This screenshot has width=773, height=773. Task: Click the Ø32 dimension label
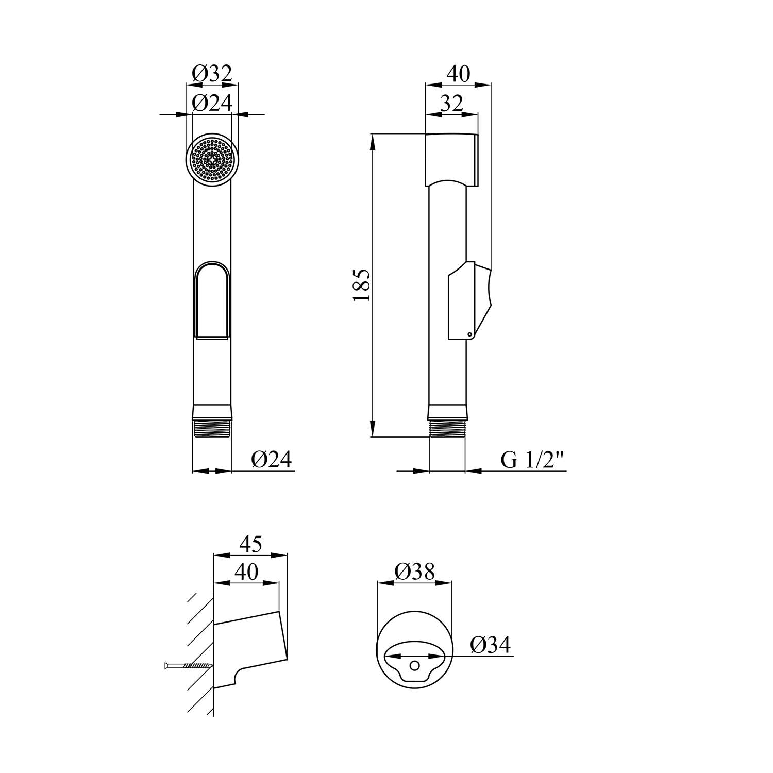212,74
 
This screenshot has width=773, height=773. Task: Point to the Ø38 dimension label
415,572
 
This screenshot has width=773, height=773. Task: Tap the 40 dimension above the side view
458,74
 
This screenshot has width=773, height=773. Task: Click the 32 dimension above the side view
451,103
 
